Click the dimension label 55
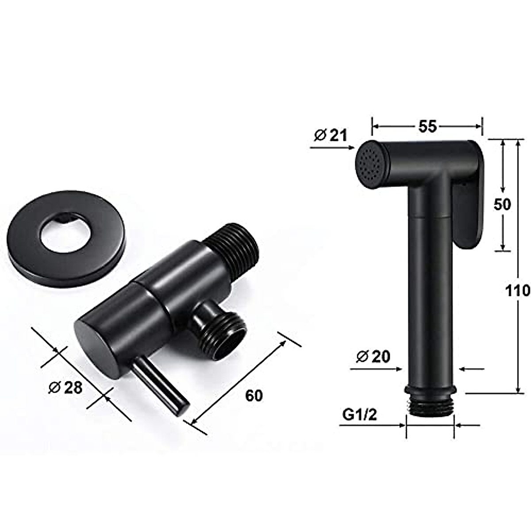(427, 127)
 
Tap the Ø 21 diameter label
(331, 135)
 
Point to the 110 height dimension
(517, 290)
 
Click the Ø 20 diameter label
(373, 356)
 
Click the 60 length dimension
(254, 395)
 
